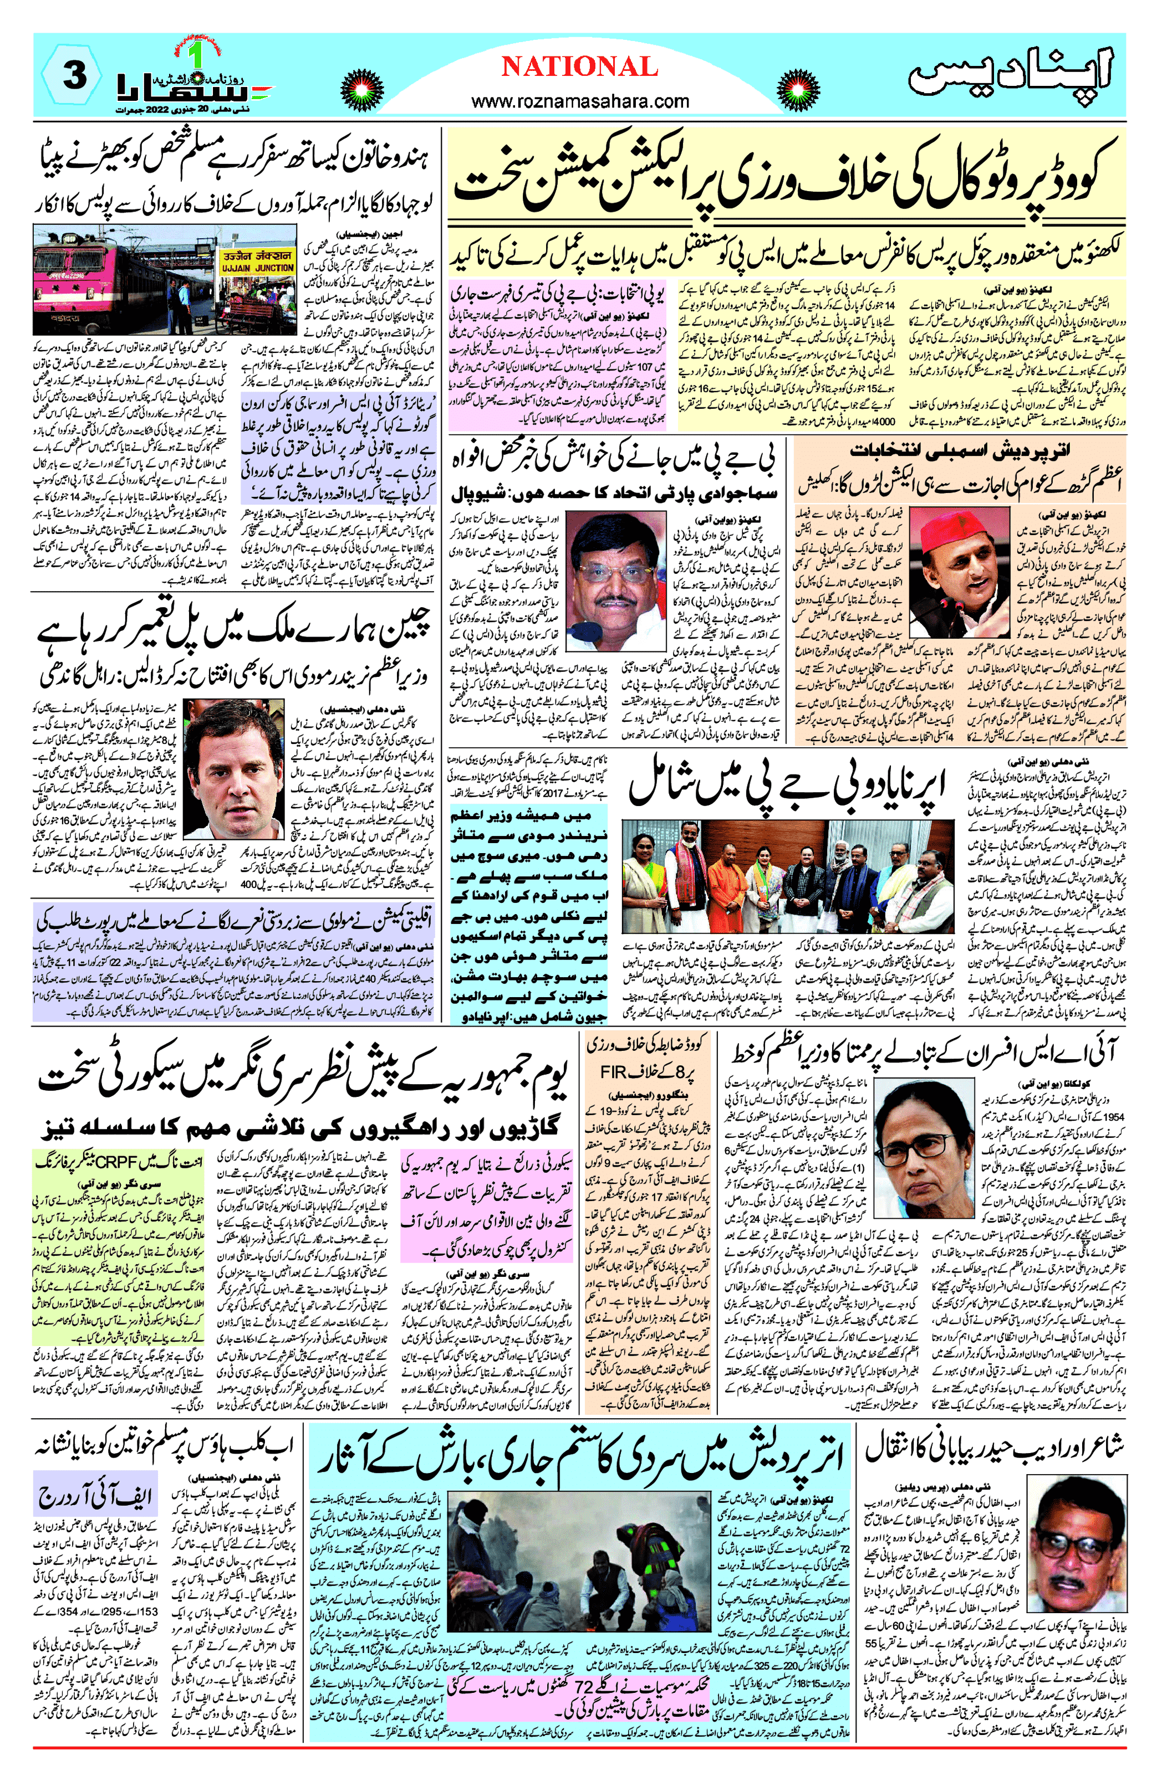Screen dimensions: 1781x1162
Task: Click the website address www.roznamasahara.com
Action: coord(580,100)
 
